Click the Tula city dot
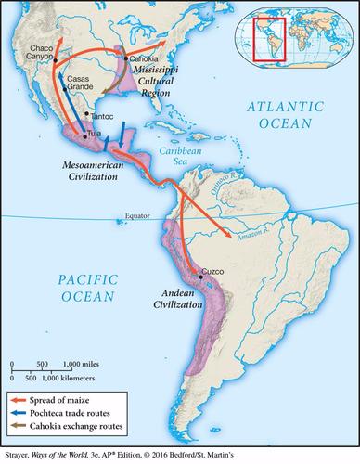coord(85,135)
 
